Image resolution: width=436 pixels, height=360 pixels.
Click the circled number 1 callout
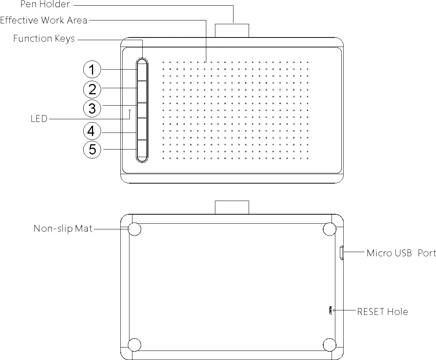pyautogui.click(x=92, y=70)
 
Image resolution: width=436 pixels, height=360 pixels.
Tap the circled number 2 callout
pyautogui.click(x=92, y=90)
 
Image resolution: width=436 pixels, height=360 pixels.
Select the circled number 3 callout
pyautogui.click(x=92, y=109)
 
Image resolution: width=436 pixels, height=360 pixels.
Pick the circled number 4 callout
pyautogui.click(x=92, y=132)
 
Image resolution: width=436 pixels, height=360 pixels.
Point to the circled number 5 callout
pyautogui.click(x=92, y=150)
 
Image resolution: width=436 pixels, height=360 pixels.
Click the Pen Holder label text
pyautogui.click(x=45, y=5)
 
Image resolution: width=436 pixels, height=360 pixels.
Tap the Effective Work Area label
pyautogui.click(x=44, y=20)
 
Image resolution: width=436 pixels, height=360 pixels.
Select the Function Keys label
pyautogui.click(x=44, y=39)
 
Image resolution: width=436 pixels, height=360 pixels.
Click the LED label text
pyautogui.click(x=39, y=119)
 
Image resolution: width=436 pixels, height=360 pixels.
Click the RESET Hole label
pyautogui.click(x=383, y=312)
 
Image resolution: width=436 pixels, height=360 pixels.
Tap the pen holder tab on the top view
pyautogui.click(x=232, y=31)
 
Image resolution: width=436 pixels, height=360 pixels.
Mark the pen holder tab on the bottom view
pyautogui.click(x=232, y=207)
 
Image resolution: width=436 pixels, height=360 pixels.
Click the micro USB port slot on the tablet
pyautogui.click(x=342, y=253)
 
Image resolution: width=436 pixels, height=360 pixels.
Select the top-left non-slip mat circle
pyautogui.click(x=134, y=229)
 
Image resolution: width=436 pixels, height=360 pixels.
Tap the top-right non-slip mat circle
pyautogui.click(x=330, y=229)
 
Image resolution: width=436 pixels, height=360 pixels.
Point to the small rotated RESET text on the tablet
pyautogui.click(x=330, y=310)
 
